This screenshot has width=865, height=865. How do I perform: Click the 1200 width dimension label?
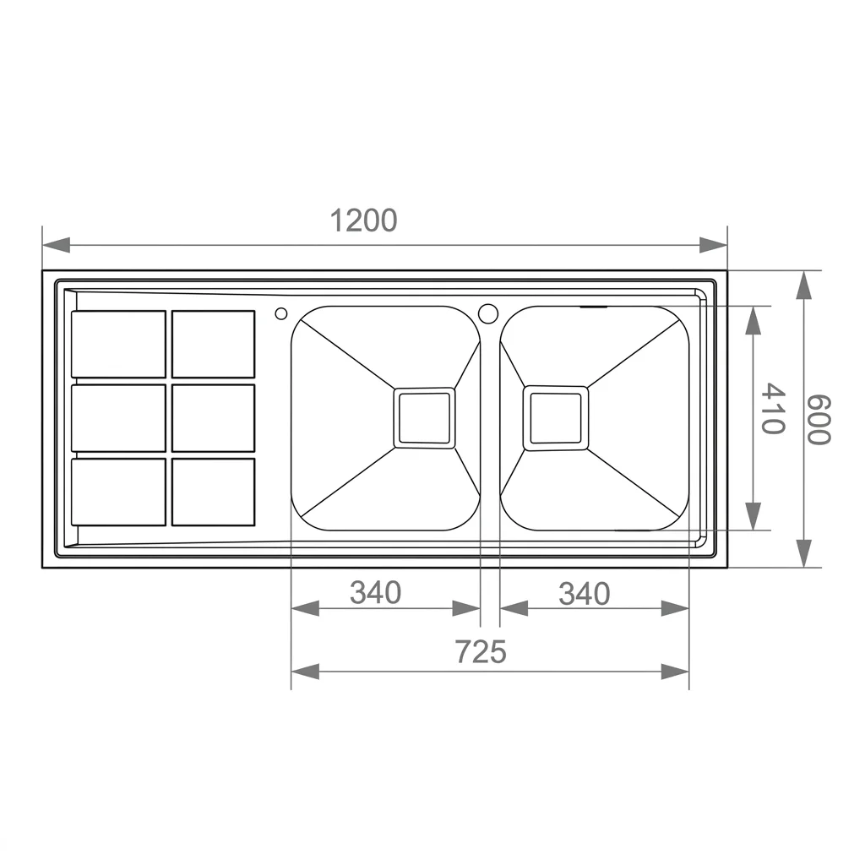coord(363,220)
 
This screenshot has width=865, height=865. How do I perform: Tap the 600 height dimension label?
coord(818,420)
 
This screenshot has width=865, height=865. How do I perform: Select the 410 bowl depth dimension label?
coord(772,409)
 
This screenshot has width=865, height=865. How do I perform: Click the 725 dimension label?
coord(481,651)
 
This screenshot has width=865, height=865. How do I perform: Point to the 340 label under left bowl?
coord(376,593)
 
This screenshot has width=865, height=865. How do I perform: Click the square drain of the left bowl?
coord(424,417)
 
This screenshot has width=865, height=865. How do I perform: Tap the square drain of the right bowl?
coord(556,418)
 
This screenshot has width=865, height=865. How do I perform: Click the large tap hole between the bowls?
coord(488,313)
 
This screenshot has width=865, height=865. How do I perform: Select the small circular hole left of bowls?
coord(280,314)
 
